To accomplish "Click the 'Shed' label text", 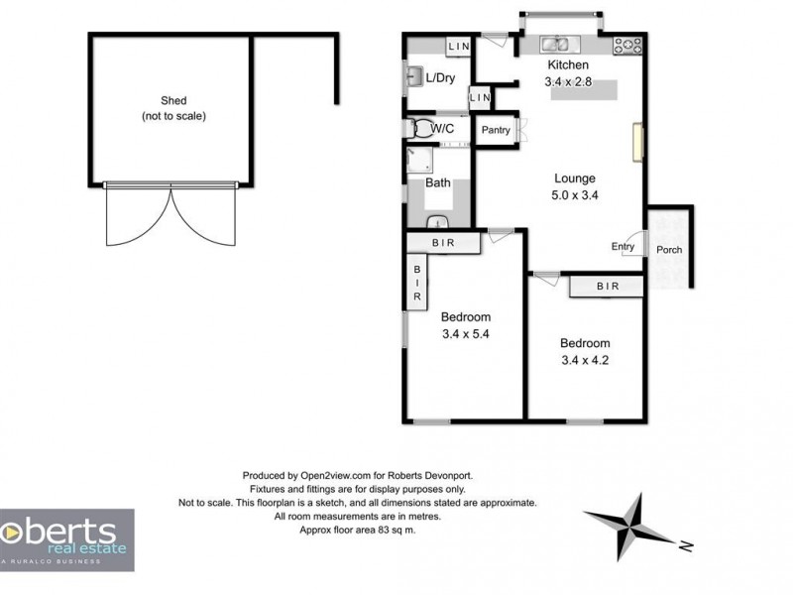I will tap(173, 100).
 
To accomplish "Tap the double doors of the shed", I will tap(172, 215).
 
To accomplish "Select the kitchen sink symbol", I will tap(554, 44).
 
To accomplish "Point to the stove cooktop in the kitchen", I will tap(627, 44).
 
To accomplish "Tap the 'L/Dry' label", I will tap(440, 77).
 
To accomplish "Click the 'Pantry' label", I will tap(496, 130).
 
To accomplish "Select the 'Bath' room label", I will tap(437, 183).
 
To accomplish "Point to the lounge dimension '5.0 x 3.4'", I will tap(575, 195).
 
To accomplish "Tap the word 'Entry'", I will tap(623, 247).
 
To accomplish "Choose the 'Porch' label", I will tap(669, 250).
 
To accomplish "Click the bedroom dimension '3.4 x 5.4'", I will tap(465, 334).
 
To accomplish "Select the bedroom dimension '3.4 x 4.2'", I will tap(584, 360).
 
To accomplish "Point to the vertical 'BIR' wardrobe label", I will tap(417, 283).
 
